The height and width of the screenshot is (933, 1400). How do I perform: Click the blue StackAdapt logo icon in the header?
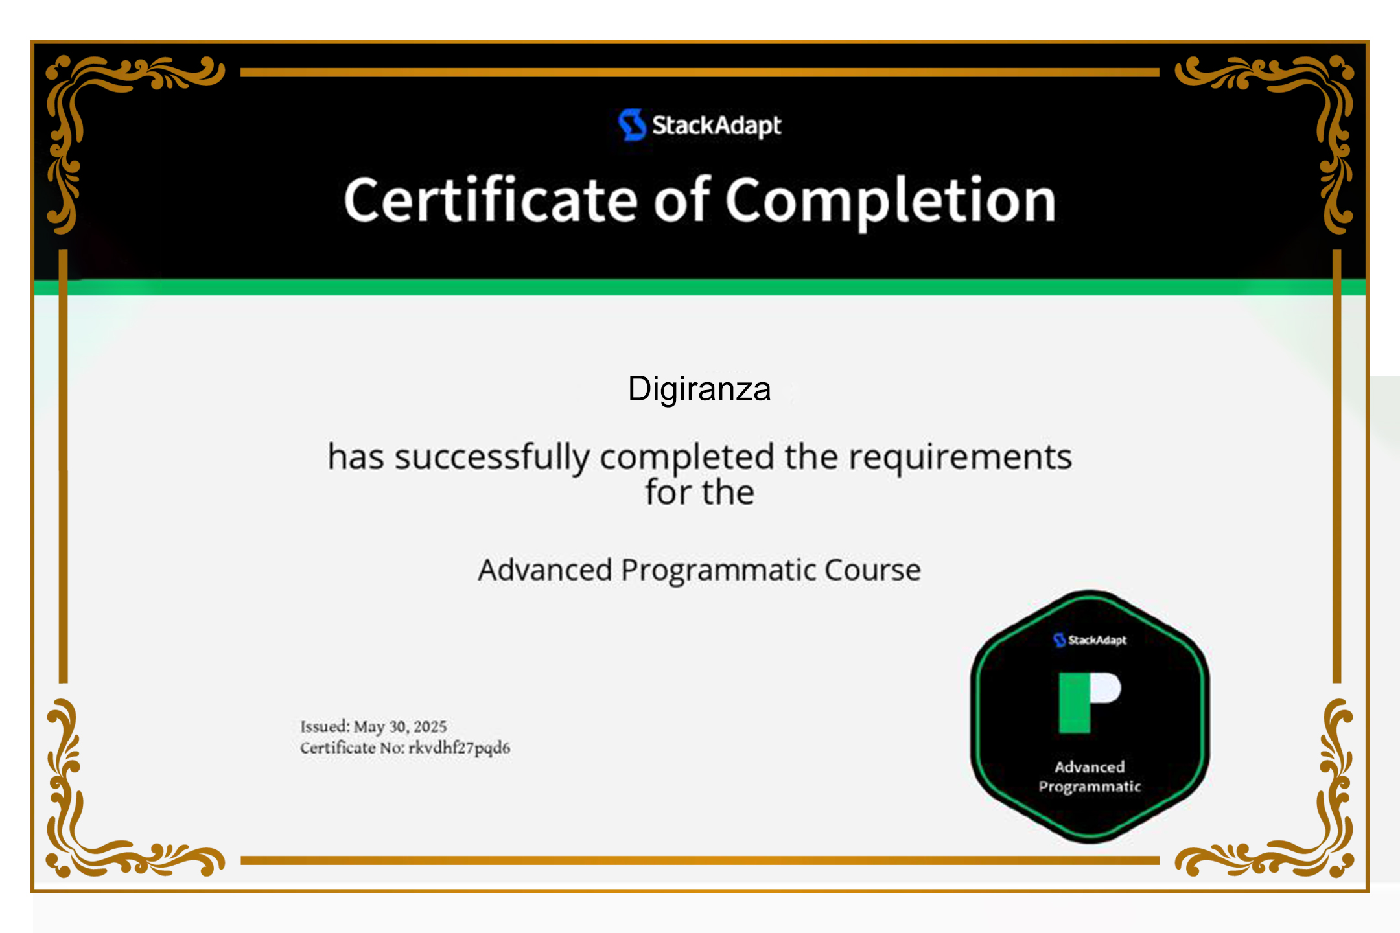tap(631, 124)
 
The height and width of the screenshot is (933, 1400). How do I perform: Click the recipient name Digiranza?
tap(699, 389)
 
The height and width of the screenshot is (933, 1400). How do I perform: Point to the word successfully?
tap(493, 457)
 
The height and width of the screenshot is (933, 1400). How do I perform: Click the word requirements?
tap(961, 457)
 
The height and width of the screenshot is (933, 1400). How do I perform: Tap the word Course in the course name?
tap(872, 570)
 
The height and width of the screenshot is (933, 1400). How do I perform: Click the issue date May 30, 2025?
tap(400, 726)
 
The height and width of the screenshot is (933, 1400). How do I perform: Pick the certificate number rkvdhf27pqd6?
tap(459, 748)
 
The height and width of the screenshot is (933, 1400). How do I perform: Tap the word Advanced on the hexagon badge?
tap(1090, 767)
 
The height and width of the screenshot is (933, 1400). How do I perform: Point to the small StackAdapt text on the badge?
tap(1097, 640)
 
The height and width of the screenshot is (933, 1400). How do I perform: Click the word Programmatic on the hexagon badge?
tap(1090, 787)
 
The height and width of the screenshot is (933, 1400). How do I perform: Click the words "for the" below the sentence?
tap(699, 492)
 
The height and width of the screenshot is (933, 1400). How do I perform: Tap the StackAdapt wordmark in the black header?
tap(716, 125)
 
